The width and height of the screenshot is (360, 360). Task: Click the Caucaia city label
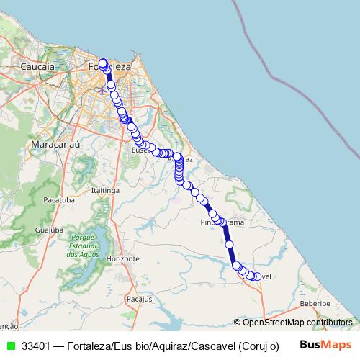coord(38,66)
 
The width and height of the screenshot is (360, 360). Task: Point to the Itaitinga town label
coord(105,190)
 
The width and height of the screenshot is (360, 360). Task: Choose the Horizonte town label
coord(122,258)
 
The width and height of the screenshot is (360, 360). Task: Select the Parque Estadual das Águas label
coord(82,246)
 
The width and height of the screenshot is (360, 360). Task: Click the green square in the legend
coord(9,346)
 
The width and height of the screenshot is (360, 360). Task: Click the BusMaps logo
coord(325,345)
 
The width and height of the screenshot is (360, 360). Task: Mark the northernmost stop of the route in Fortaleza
coord(103,63)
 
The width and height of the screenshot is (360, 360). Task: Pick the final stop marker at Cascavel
coord(256,277)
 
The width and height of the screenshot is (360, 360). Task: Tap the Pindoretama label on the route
coord(222,222)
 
